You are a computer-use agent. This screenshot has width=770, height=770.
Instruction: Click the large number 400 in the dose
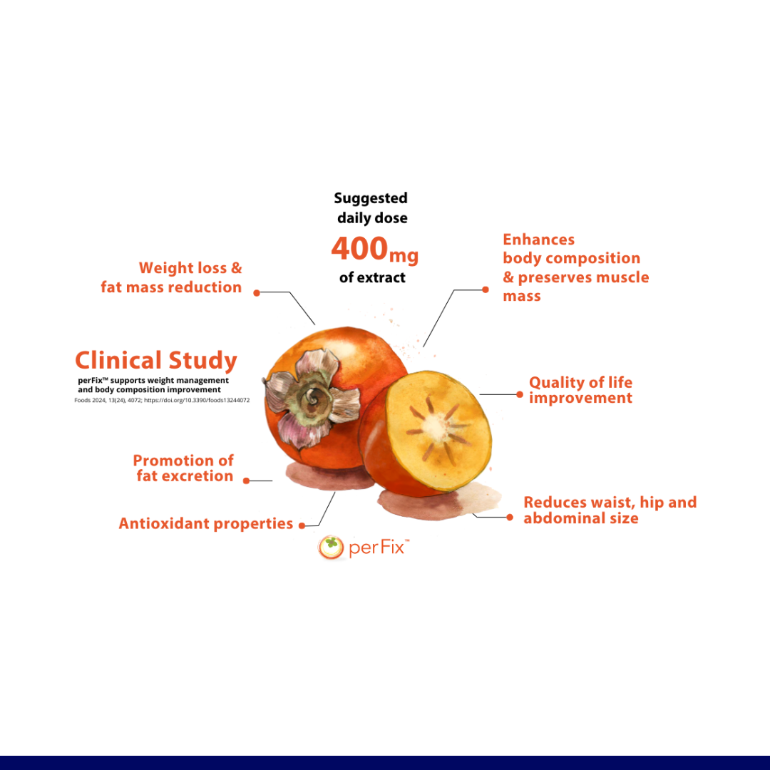[x=359, y=249]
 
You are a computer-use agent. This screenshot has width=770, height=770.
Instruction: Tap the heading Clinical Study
[x=156, y=361]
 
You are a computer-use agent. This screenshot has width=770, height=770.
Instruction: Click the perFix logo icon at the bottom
[x=331, y=548]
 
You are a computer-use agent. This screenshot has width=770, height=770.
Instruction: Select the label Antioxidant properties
[x=206, y=524]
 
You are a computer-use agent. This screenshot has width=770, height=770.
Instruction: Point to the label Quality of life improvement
[x=580, y=390]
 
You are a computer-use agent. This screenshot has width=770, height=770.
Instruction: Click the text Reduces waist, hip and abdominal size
[x=610, y=510]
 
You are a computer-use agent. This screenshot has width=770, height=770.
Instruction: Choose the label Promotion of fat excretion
[x=184, y=468]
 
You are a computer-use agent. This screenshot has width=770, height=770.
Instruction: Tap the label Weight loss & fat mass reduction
[x=171, y=277]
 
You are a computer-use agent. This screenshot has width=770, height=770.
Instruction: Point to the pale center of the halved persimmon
[x=435, y=426]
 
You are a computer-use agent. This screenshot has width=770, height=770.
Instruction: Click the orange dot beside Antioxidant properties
[x=302, y=526]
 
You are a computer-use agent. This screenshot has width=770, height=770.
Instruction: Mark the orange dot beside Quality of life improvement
[x=520, y=394]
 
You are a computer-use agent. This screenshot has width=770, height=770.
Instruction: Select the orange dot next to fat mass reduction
[x=257, y=293]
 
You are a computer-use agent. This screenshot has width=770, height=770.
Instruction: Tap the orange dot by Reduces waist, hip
[x=510, y=517]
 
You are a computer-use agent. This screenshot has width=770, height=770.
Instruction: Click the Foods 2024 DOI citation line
[x=162, y=400]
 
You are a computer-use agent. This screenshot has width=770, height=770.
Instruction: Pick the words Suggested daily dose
[x=371, y=208]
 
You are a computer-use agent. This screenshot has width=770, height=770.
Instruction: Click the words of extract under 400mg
[x=372, y=278]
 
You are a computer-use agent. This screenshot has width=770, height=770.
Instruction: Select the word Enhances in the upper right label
[x=539, y=240]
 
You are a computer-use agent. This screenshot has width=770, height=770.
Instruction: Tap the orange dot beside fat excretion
[x=247, y=481]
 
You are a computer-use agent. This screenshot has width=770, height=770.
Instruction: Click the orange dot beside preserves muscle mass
[x=486, y=289]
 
